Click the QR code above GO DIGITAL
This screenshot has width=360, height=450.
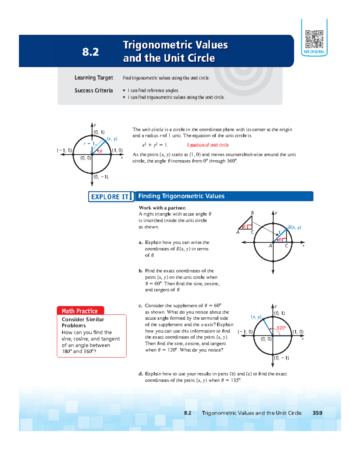coord(314,39)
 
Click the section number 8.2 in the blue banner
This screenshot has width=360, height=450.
coord(90,52)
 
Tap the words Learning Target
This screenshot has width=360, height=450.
coord(94,78)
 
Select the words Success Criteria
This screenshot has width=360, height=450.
coord(94,91)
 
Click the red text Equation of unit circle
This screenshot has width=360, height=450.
coord(208,145)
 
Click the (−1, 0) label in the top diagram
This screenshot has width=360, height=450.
coord(64,150)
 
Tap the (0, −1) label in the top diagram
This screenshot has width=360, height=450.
coord(101,177)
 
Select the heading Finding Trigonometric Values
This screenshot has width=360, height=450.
coord(181,196)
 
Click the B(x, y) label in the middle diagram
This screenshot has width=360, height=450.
coord(295,227)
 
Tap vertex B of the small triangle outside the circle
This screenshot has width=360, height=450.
coord(252,213)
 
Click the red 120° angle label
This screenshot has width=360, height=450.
coord(281,328)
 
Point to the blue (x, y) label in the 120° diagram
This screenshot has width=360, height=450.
coord(256,317)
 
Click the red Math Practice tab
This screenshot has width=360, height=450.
coord(80,311)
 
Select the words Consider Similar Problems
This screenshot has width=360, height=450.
coord(82,322)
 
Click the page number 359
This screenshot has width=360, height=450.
coord(317,413)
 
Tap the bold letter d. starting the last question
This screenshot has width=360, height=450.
coord(140,374)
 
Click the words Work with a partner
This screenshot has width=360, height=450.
coord(162,208)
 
